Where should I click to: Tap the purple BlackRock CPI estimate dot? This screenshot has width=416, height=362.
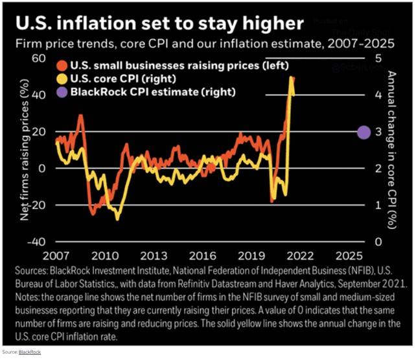(x=364, y=132)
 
